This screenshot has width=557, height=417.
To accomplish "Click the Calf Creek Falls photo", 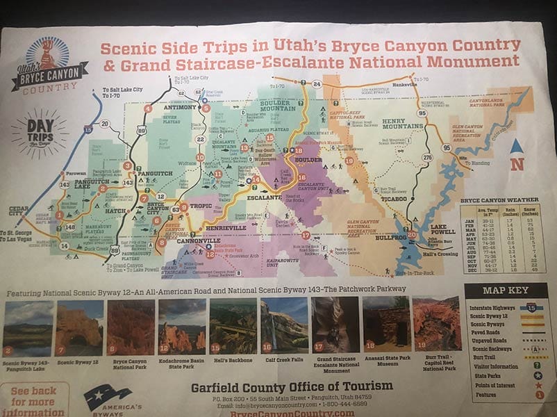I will click(284, 326).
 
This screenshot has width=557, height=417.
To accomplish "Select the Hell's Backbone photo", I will click(233, 326).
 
